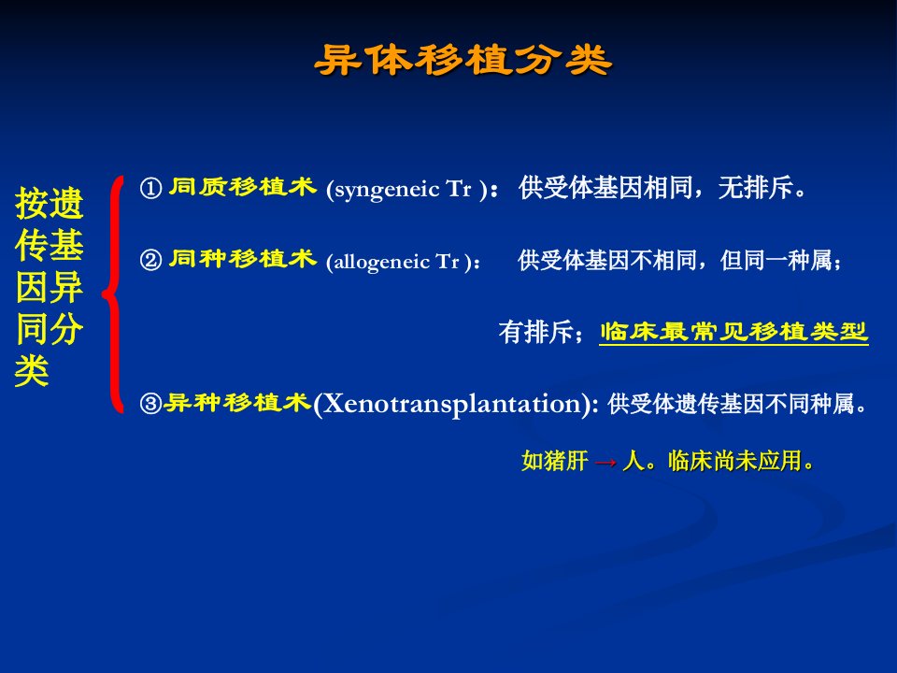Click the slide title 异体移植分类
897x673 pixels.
click(463, 60)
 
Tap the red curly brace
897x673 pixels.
click(114, 294)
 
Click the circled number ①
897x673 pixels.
click(151, 188)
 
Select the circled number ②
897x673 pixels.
click(151, 261)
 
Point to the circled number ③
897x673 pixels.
click(151, 404)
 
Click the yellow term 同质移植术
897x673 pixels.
click(243, 187)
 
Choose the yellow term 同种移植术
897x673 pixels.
click(243, 259)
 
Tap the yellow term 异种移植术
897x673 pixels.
click(236, 402)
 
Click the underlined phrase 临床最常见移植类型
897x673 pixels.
click(734, 332)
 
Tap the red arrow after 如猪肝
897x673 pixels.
click(605, 462)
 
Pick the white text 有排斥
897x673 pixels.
click(536, 332)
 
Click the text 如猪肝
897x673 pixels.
click(554, 461)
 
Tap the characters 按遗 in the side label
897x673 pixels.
click(50, 203)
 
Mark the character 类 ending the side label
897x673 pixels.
click(32, 370)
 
